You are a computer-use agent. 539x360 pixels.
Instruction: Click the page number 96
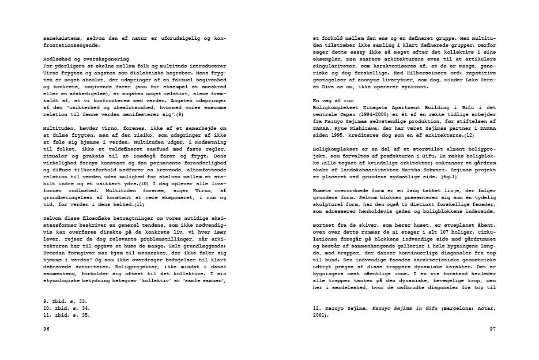[47, 329]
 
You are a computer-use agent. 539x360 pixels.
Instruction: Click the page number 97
[492, 329]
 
